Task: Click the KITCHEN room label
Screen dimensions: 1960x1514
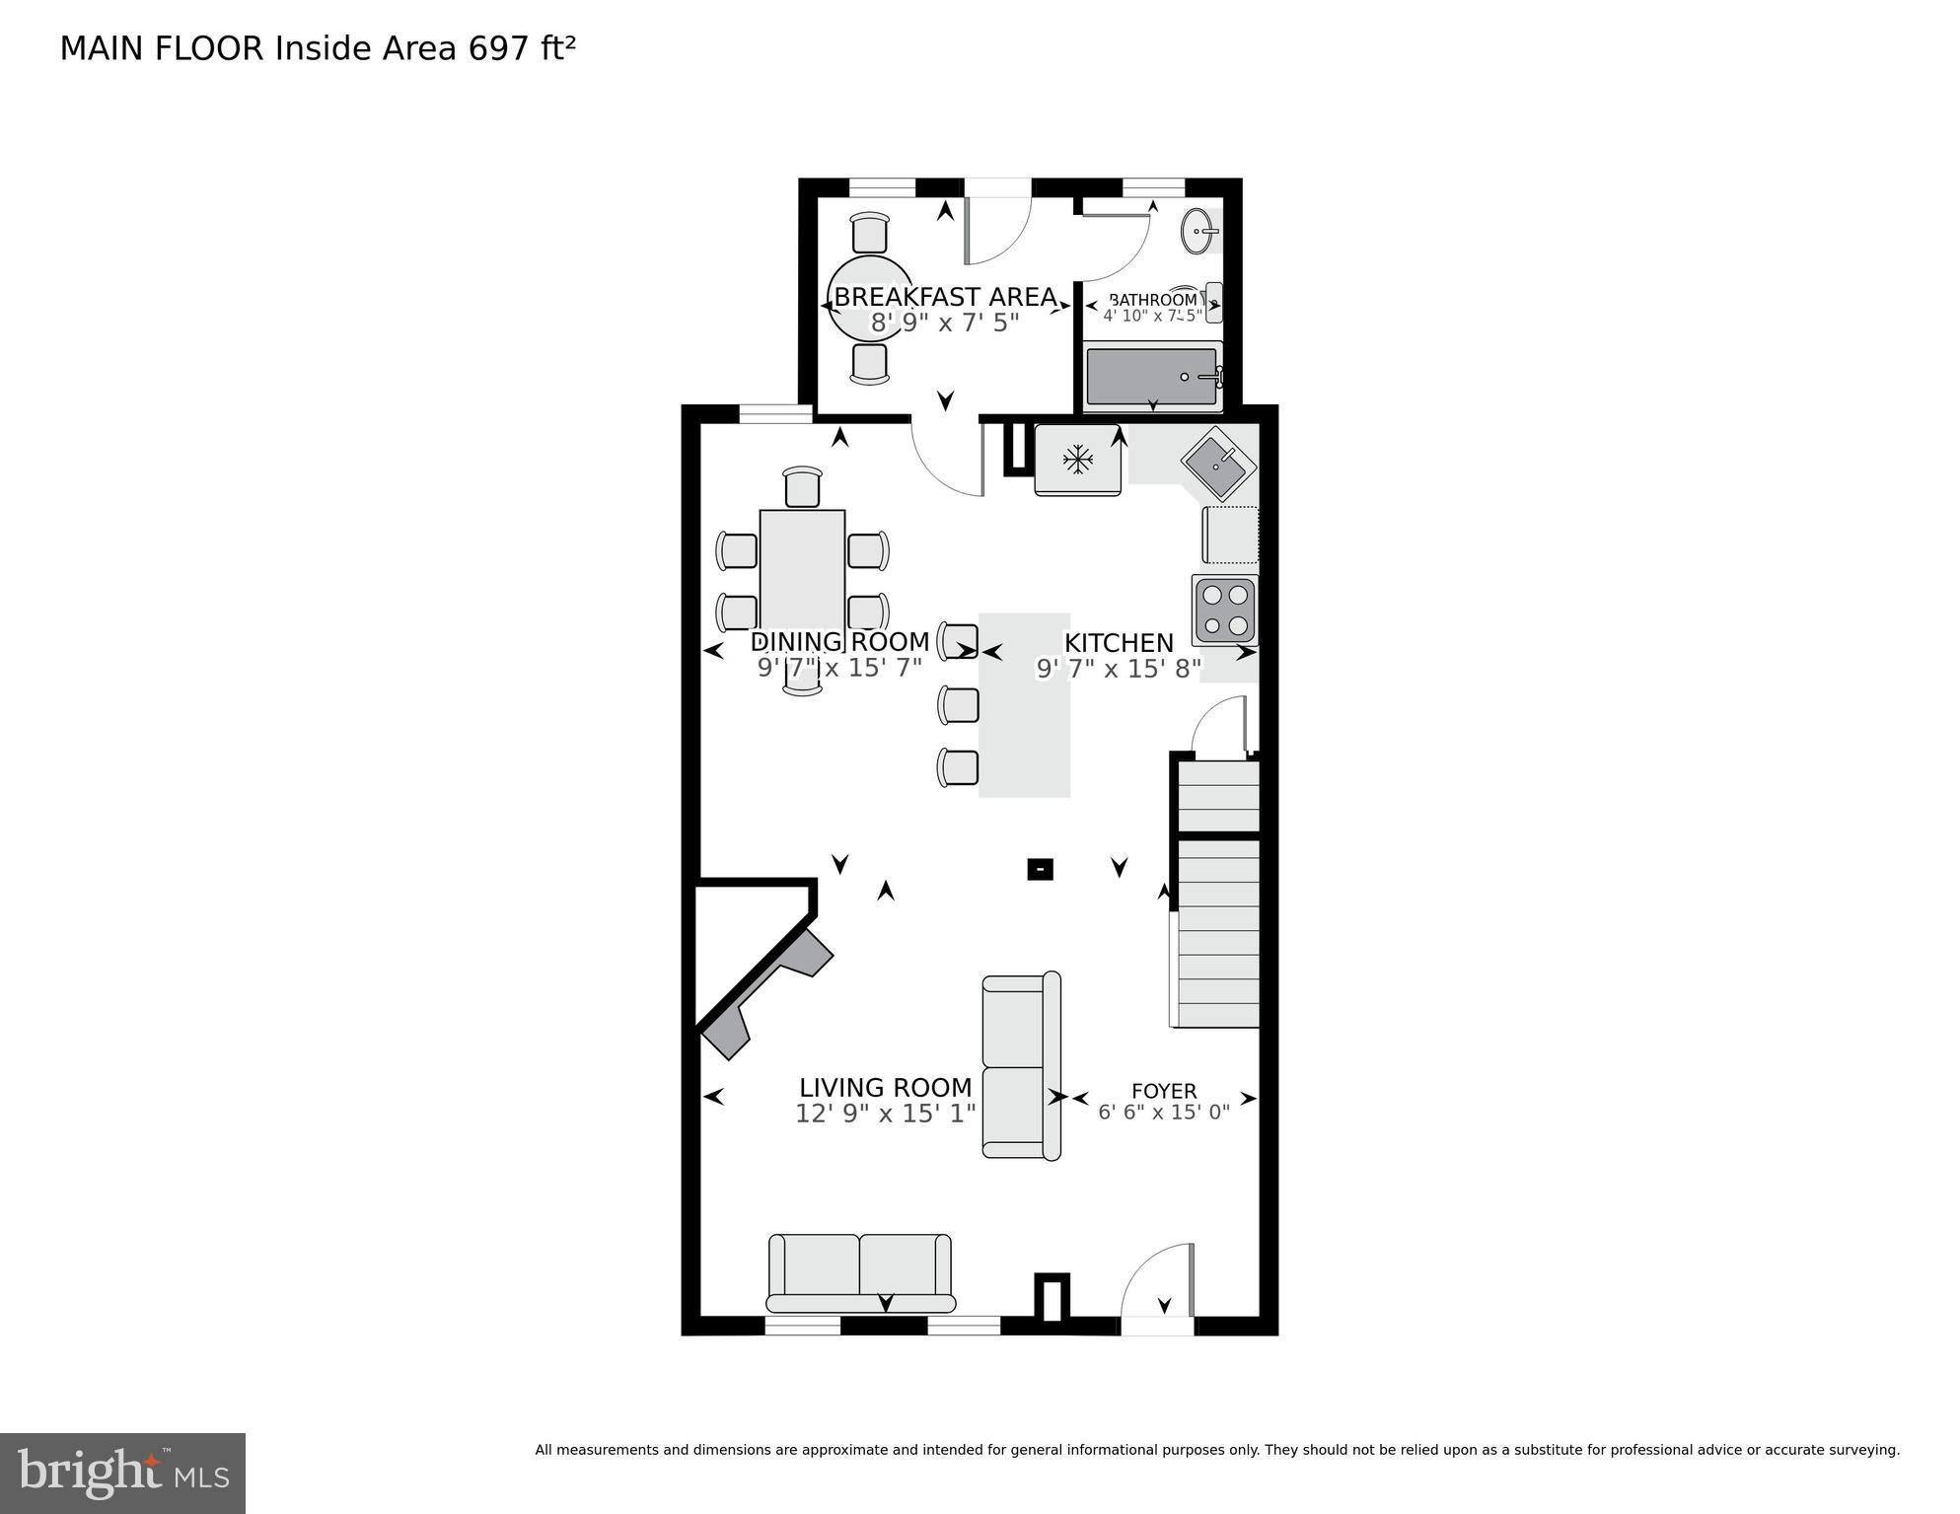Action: point(1119,643)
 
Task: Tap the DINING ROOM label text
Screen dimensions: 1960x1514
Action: point(839,642)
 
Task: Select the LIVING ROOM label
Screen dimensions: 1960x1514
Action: point(885,1088)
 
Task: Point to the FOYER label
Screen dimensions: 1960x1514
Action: point(1164,1091)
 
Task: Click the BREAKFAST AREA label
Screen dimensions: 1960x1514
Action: point(946,297)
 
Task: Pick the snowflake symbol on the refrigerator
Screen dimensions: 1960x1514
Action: point(1078,459)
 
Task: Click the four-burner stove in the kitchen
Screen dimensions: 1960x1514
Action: point(1225,611)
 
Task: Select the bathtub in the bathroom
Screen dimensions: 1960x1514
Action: point(1154,376)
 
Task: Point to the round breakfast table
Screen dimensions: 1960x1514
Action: point(870,297)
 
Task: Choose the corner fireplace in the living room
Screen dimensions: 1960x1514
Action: point(764,991)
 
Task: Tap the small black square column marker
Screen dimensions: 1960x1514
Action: point(1040,869)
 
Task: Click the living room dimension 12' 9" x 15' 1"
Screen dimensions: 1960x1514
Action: point(886,1114)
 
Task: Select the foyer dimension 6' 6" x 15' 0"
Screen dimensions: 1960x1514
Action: point(1164,1112)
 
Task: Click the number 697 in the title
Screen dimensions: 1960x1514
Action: point(499,48)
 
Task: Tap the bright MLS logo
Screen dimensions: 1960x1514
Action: point(122,1473)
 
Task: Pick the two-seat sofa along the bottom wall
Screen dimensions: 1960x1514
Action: point(860,1272)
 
